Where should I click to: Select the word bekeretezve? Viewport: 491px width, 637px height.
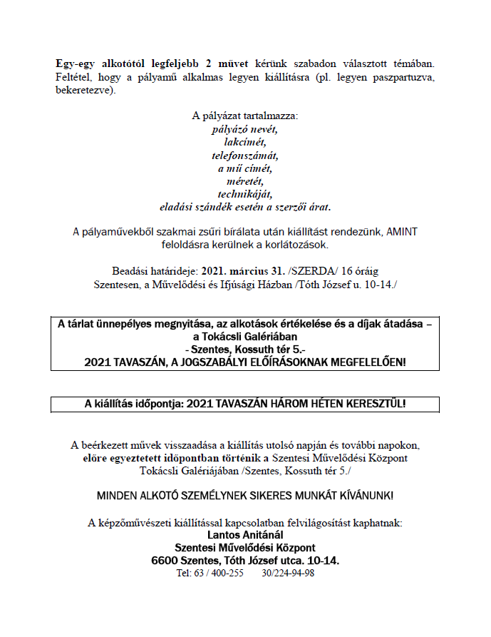[83, 91]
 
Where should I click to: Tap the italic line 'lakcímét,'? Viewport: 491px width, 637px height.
[245, 142]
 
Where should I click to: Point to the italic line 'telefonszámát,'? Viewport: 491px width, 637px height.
[245, 155]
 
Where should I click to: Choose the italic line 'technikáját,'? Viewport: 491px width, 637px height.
[245, 193]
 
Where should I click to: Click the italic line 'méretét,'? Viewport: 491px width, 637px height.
[245, 180]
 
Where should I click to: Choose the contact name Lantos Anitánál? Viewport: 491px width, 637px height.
[245, 535]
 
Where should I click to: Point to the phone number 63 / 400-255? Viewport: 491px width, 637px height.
[213, 573]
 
